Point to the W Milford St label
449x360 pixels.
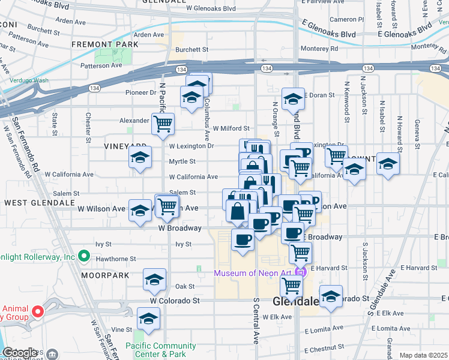tap(230, 128)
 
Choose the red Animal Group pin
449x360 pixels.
tap(37, 311)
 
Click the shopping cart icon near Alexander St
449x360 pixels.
tap(163, 124)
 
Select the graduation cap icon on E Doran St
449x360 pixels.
tap(293, 99)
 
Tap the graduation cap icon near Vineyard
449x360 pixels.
tap(140, 158)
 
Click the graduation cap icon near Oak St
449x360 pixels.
tap(154, 280)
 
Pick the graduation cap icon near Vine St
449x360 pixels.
tap(148, 319)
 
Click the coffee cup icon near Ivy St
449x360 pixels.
tap(243, 240)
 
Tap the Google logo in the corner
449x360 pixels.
tap(20, 353)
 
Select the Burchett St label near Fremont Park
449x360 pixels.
tap(191, 50)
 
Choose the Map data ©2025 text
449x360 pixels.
tap(423, 355)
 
